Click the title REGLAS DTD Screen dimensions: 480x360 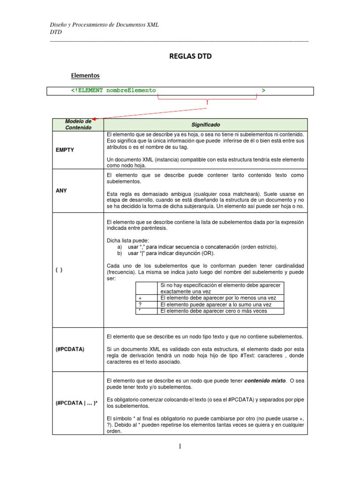pyautogui.click(x=190, y=56)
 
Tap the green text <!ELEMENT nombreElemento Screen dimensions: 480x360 pyautogui.click(x=113, y=90)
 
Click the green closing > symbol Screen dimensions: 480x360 pyautogui.click(x=263, y=90)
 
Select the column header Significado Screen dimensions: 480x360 pyautogui.click(x=205, y=125)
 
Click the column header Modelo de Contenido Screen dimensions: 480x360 pyautogui.click(x=78, y=124)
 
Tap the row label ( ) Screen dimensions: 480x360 pyautogui.click(x=59, y=270)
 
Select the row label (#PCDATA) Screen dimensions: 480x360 pyautogui.click(x=70, y=349)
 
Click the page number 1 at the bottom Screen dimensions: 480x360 pyautogui.click(x=179, y=447)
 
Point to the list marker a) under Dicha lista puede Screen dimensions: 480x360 pyautogui.click(x=120, y=247)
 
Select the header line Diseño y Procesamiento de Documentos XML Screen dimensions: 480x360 pyautogui.click(x=104, y=25)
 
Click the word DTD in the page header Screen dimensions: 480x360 pyautogui.click(x=56, y=32)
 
